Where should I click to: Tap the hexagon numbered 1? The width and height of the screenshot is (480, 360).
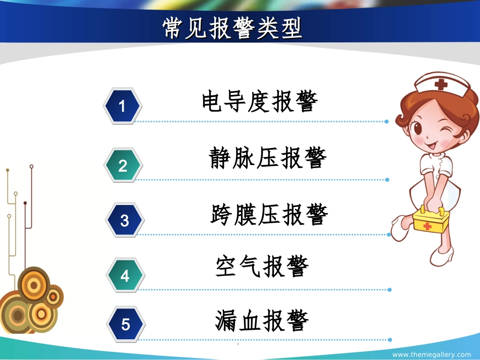pos(122,106)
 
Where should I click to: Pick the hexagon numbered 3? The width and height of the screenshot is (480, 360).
pos(124,221)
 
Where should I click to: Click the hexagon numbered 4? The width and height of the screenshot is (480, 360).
pos(125,276)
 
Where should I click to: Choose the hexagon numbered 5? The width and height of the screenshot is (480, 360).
pos(125,324)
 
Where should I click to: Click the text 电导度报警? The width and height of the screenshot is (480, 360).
pos(260,101)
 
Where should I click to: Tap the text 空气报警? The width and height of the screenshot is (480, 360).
pos(262,266)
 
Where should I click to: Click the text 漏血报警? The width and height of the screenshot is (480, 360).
pos(262,320)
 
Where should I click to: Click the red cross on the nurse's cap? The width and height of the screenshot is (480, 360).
pos(442,84)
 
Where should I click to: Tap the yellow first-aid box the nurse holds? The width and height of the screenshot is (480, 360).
pos(431,221)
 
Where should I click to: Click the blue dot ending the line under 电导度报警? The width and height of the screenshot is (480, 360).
pos(387,122)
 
